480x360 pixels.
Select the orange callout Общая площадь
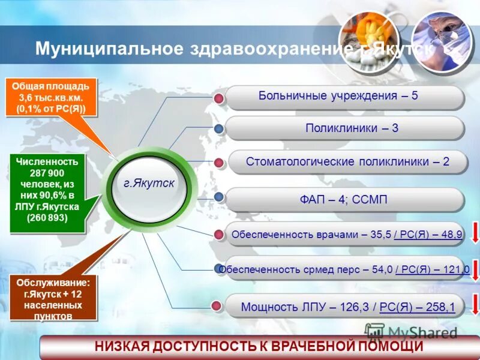[52, 97]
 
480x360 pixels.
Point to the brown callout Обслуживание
[53, 298]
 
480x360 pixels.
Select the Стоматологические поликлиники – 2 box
[347, 162]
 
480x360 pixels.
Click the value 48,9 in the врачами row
[450, 235]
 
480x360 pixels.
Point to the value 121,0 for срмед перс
[457, 269]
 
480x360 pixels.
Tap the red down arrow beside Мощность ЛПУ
[475, 304]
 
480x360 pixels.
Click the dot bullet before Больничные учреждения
[219, 98]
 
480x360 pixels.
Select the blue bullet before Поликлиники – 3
[219, 129]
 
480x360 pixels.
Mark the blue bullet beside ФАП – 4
[219, 197]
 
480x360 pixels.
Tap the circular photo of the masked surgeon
[441, 38]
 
